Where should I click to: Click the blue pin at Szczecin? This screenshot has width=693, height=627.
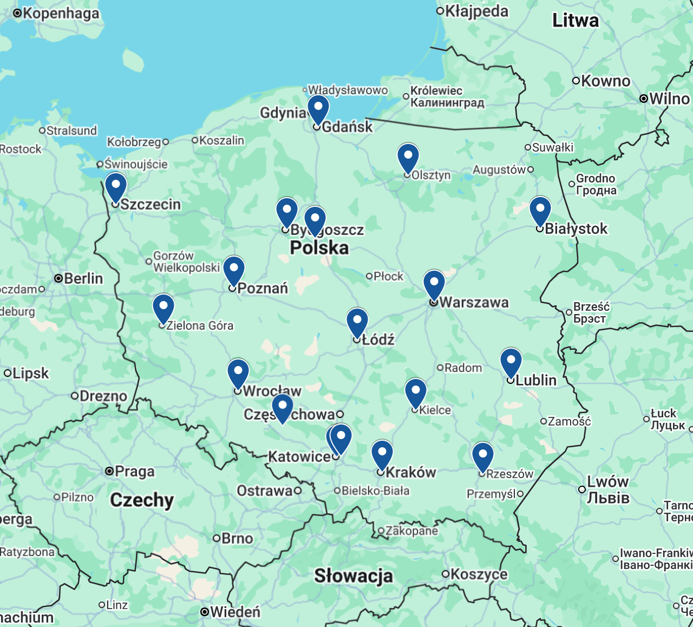tap(116, 186)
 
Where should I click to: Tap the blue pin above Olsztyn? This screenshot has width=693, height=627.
tap(408, 157)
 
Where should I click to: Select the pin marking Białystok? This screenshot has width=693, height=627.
tap(540, 210)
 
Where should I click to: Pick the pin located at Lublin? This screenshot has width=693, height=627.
tap(511, 362)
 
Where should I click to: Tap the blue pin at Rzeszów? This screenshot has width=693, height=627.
tap(483, 455)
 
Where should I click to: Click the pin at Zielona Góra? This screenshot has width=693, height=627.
tap(164, 308)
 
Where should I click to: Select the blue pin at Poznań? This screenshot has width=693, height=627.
tap(234, 270)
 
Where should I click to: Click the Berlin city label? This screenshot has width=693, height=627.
tap(83, 278)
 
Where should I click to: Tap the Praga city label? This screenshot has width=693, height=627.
tap(134, 472)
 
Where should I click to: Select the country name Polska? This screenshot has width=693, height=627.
tap(319, 248)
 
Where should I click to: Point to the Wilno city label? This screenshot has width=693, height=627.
tap(669, 99)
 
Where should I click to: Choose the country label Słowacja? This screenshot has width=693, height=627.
tap(354, 576)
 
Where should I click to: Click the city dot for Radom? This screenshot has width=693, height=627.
tap(440, 368)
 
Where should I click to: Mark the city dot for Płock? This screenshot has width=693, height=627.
tap(369, 276)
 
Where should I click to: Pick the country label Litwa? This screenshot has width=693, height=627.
tap(576, 21)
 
